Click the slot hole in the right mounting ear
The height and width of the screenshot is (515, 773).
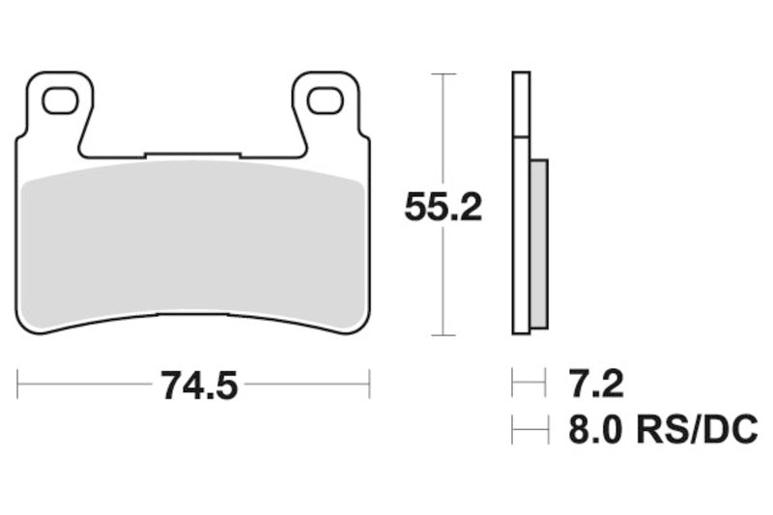point(324,99)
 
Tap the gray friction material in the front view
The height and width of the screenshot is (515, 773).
point(193,242)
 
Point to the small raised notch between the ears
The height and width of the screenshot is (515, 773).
point(191,155)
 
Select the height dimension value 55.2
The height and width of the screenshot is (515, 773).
point(443,208)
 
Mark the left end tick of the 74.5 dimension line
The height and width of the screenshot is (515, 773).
point(17,384)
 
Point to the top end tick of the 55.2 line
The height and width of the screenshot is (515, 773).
point(443,73)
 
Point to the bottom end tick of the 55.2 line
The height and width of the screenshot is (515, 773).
point(443,335)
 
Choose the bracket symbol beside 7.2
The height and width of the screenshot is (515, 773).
point(528,385)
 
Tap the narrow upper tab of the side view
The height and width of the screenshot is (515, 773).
point(521,104)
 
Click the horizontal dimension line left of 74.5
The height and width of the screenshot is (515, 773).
point(87,384)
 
